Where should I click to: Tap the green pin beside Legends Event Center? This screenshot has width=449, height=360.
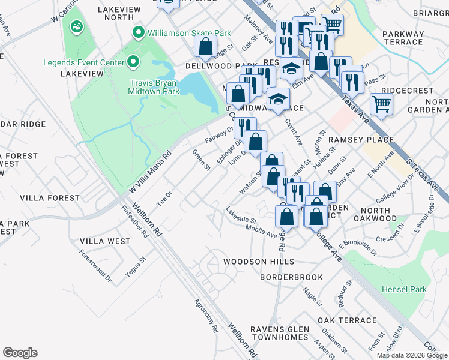133,62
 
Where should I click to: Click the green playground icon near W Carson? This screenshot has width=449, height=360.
77,26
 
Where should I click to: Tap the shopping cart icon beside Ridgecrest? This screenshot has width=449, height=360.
381,104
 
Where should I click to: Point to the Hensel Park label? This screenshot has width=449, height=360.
404,289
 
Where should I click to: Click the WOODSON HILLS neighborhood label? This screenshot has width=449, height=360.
259,262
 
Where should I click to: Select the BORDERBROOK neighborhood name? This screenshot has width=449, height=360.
291,277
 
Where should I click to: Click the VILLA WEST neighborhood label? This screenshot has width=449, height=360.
105,241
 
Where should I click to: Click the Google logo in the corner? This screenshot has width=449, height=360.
20,353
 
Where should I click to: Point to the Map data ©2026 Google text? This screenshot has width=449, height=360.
411,355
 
